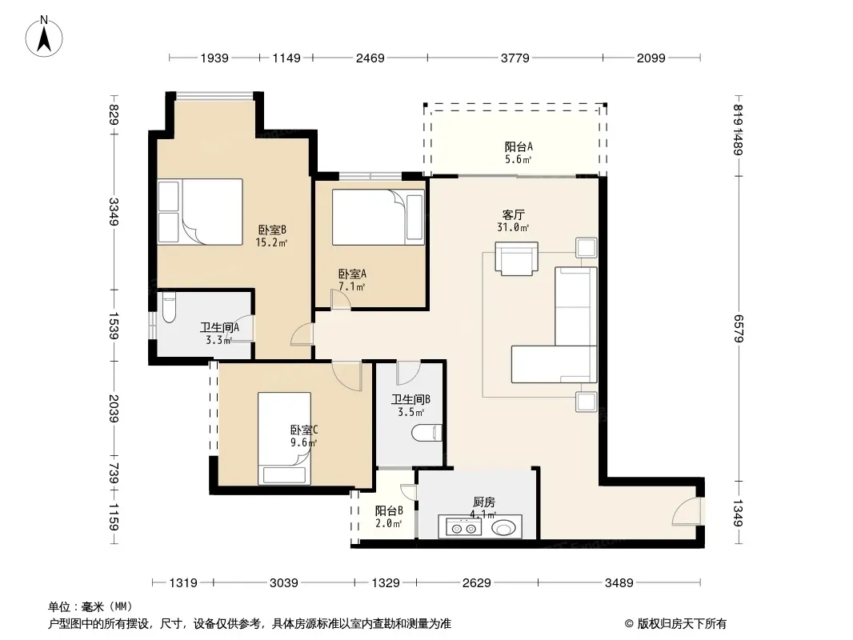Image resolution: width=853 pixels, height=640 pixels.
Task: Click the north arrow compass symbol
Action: (x=44, y=37)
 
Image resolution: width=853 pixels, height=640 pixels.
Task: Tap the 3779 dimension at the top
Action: (x=515, y=58)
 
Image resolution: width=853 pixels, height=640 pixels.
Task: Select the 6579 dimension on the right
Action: (x=739, y=329)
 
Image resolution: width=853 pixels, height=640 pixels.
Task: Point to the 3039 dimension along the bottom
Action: (x=284, y=583)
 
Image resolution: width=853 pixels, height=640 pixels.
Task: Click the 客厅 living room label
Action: (x=513, y=214)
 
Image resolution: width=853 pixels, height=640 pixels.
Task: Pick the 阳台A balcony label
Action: (x=519, y=147)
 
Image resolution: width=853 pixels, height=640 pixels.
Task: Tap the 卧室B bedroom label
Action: (x=272, y=230)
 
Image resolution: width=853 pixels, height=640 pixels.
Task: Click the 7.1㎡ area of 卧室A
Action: (x=352, y=286)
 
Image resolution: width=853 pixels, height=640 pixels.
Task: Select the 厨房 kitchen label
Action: (x=483, y=502)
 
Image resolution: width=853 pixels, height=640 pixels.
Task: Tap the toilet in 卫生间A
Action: (x=169, y=307)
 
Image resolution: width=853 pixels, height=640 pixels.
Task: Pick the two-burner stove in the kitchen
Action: (x=463, y=527)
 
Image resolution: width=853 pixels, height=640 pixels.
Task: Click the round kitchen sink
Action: (x=504, y=527)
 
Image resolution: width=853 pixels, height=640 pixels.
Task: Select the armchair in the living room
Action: (x=516, y=259)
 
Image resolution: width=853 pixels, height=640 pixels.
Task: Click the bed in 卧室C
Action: (x=285, y=438)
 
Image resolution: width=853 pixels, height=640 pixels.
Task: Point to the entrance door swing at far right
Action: (x=687, y=510)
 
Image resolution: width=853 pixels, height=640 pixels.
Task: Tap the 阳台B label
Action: (x=389, y=511)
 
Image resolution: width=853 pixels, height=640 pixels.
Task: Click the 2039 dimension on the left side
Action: (x=113, y=408)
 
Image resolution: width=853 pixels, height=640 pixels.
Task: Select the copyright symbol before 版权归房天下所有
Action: (x=629, y=624)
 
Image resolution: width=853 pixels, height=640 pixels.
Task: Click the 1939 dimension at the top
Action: (x=214, y=58)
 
